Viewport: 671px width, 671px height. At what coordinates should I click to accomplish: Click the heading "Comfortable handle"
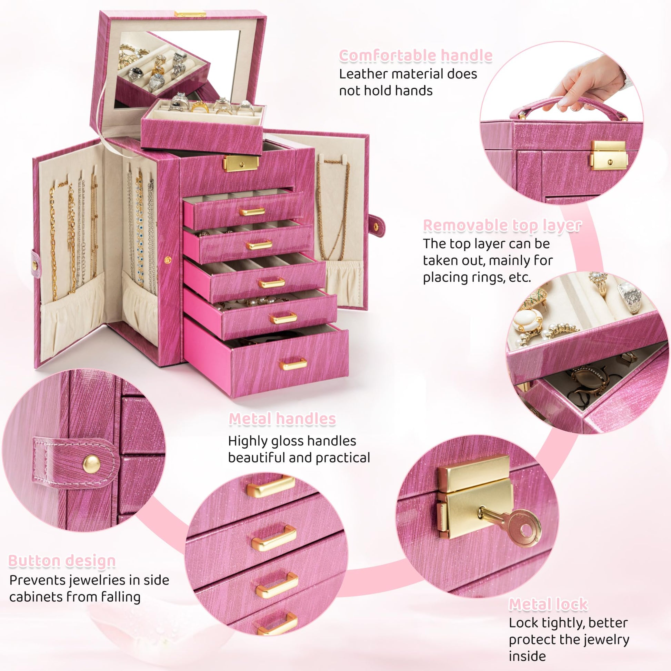(415, 56)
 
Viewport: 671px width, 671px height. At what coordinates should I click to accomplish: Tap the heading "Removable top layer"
(502, 226)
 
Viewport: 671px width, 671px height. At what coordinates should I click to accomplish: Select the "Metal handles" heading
(282, 419)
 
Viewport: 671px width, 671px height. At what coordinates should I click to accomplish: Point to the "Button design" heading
(62, 561)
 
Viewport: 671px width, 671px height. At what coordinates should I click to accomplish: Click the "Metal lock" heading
(548, 605)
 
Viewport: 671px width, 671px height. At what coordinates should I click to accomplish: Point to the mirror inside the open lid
(177, 69)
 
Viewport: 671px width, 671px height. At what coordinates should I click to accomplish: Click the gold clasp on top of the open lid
(190, 14)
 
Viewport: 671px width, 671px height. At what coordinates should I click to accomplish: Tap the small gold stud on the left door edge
(168, 259)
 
